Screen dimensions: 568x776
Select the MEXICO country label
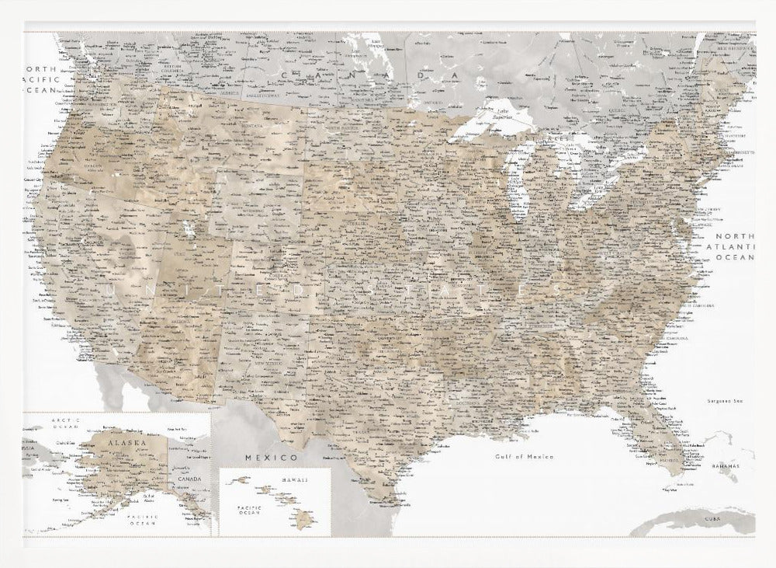tap(272, 458)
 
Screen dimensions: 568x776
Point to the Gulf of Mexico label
tap(525, 457)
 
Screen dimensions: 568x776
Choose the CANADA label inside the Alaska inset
tap(189, 479)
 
